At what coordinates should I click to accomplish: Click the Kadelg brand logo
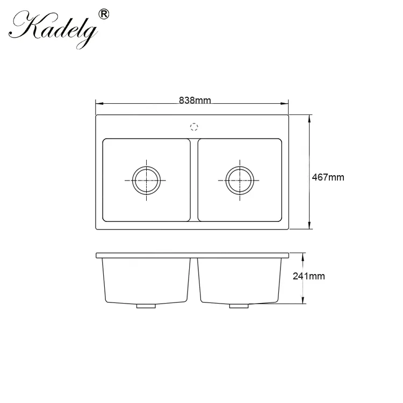53,30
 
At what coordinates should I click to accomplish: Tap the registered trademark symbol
104,14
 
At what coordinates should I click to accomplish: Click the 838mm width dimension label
195,100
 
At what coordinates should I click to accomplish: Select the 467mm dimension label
328,177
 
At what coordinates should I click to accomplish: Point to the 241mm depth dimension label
308,276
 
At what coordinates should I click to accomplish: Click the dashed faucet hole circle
194,127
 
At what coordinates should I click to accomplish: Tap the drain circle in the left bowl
147,180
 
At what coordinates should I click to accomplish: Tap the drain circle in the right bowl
240,180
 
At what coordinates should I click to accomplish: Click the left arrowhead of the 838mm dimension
99,104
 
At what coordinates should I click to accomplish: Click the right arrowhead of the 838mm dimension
284,104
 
